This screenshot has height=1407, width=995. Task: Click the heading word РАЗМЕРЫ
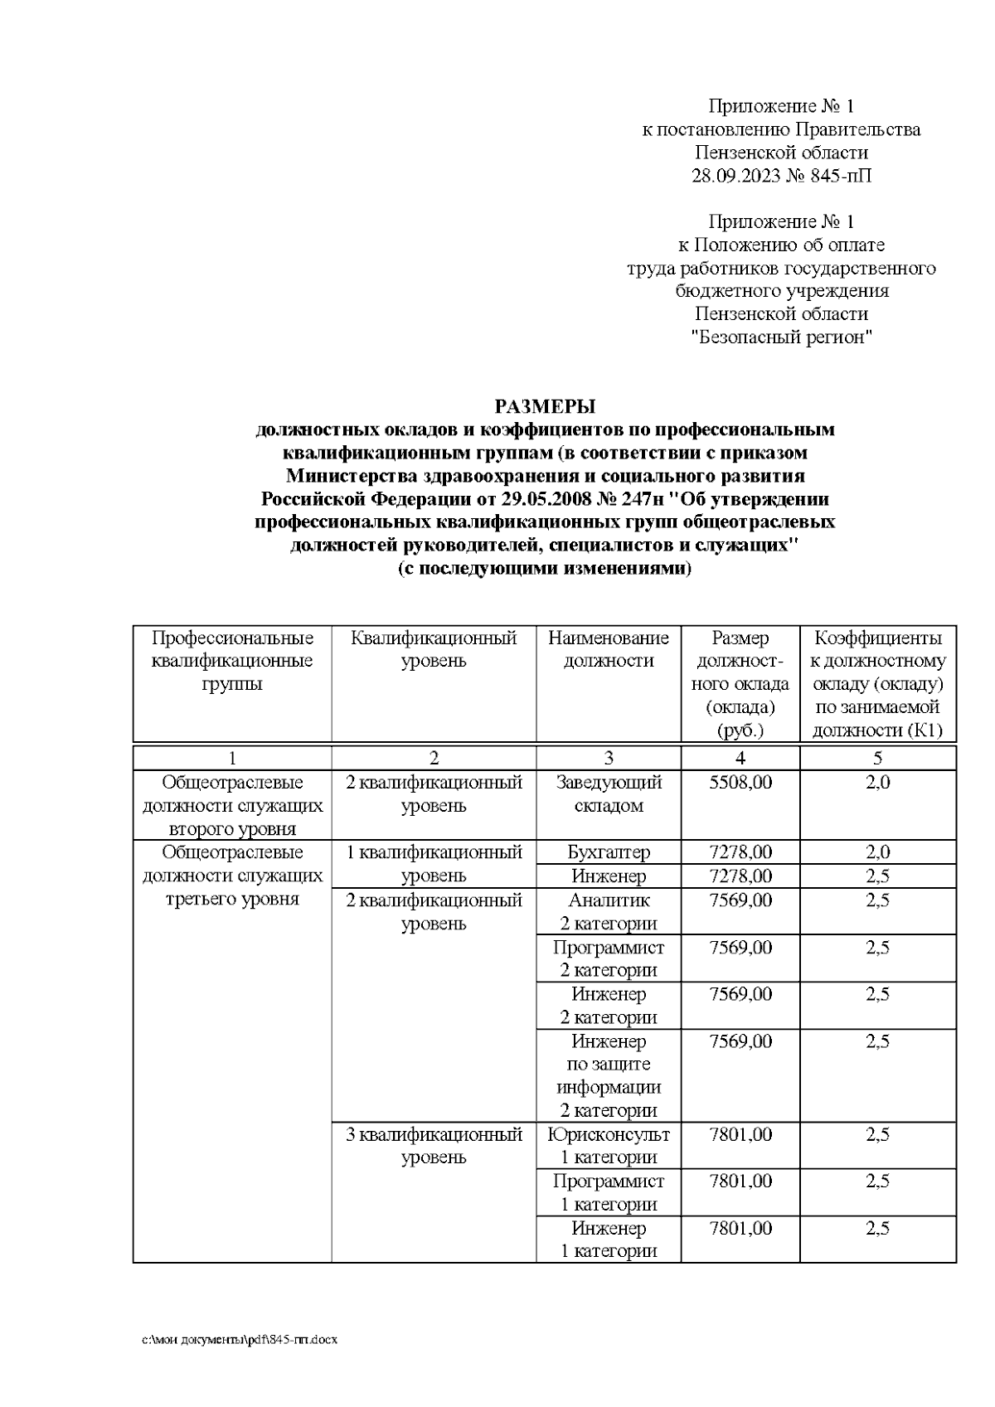click(545, 406)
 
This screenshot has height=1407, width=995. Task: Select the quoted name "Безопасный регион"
click(782, 337)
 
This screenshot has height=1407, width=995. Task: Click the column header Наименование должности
click(608, 649)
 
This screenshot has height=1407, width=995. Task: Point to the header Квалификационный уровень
click(434, 649)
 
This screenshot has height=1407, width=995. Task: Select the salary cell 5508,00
click(740, 782)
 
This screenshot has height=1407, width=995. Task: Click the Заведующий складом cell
click(608, 793)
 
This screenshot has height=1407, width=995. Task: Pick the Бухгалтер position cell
click(608, 852)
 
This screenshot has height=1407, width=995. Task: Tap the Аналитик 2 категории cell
click(608, 911)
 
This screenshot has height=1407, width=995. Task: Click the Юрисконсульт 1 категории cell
click(608, 1146)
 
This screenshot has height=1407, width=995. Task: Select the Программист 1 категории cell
click(608, 1192)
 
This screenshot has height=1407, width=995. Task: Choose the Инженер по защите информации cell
click(608, 1075)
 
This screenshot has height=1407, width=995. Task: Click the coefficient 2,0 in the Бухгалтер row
click(877, 852)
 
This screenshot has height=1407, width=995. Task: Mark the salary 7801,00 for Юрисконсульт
click(740, 1134)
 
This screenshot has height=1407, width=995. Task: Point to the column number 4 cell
click(740, 757)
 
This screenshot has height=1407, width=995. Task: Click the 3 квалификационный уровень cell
click(434, 1146)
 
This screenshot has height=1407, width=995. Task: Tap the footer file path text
click(240, 1340)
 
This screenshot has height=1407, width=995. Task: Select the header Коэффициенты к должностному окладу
click(877, 683)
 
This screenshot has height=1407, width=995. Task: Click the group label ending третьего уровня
click(232, 876)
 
